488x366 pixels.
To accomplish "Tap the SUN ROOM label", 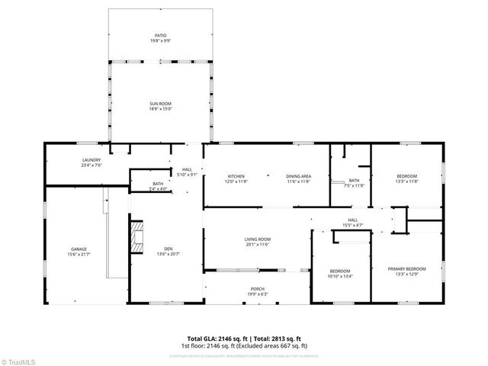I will click(x=159, y=106).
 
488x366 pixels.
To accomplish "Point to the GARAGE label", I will click(x=79, y=250).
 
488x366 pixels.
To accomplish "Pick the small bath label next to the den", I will click(x=158, y=185).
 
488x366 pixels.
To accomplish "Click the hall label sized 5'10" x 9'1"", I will click(x=188, y=172).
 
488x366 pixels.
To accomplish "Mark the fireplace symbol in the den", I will click(x=136, y=236).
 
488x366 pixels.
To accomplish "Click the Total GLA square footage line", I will click(x=245, y=338).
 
